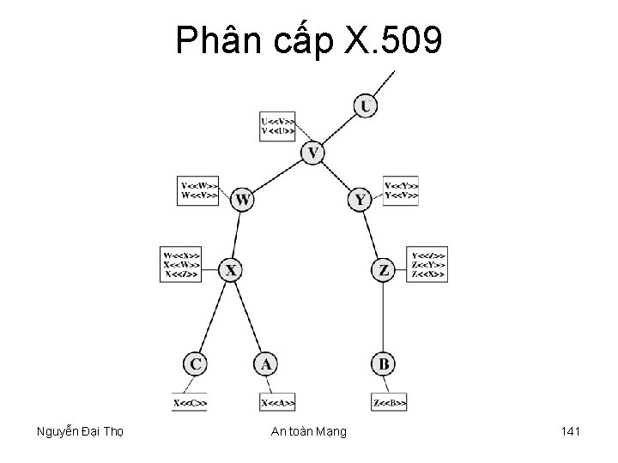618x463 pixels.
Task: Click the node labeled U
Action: (x=366, y=106)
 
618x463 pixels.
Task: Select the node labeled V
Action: (x=313, y=153)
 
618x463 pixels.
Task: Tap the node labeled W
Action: (x=243, y=200)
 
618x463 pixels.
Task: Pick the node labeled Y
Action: (x=360, y=200)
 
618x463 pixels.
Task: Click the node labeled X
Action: (x=231, y=270)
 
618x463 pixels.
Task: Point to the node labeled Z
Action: (x=384, y=270)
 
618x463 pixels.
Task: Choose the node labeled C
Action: (x=196, y=364)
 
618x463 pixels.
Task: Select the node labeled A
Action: (x=266, y=364)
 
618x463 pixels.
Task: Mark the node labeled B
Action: (x=384, y=364)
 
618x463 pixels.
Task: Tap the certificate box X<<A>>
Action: (x=278, y=401)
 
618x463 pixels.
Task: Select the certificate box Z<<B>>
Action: (x=390, y=401)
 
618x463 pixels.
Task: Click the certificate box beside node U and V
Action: (x=278, y=126)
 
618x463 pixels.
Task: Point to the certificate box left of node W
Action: (x=197, y=189)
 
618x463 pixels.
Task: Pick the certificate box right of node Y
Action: (x=402, y=189)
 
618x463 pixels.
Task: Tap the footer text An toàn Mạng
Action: (x=309, y=431)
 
